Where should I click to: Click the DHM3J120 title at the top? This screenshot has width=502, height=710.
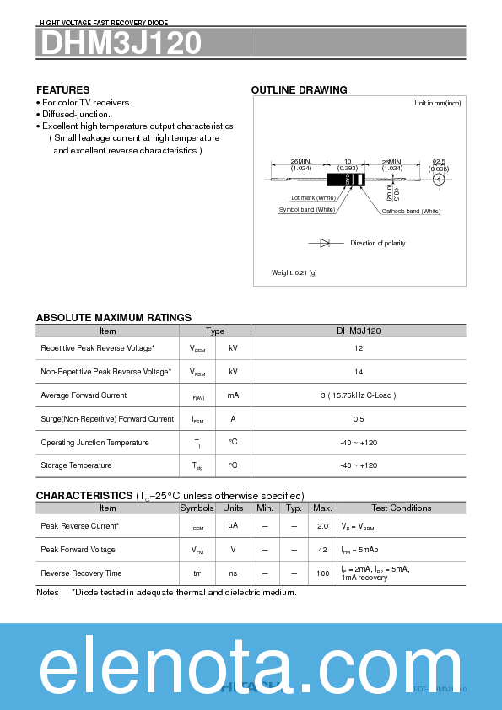[119, 43]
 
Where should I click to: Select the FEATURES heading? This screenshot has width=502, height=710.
[62, 89]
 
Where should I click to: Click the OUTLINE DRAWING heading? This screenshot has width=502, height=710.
[299, 90]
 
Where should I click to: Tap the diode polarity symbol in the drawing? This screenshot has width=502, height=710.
[326, 243]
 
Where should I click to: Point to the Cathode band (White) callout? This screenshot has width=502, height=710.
[411, 211]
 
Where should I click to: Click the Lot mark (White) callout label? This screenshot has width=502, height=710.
[313, 197]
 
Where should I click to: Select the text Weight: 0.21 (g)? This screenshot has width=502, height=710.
[294, 272]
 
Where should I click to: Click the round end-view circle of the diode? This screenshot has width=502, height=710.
[439, 178]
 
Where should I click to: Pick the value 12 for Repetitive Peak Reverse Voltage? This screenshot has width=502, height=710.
[359, 348]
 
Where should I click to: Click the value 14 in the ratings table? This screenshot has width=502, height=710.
[359, 372]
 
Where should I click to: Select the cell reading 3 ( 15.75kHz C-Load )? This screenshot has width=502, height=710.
[359, 395]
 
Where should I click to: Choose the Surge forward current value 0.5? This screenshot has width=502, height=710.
[359, 419]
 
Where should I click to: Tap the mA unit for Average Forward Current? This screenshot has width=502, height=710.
[233, 395]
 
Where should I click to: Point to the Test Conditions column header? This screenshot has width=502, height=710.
[401, 508]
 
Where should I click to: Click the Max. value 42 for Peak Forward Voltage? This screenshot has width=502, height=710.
[322, 549]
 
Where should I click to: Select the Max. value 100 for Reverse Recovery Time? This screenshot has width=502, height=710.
[322, 573]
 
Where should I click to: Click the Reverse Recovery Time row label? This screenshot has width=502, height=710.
[81, 573]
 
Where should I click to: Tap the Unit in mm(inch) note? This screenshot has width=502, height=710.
[437, 103]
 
